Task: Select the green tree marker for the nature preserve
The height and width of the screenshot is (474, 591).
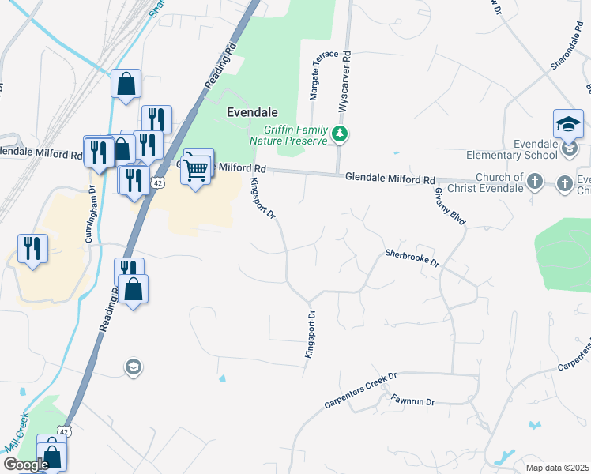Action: tap(340, 134)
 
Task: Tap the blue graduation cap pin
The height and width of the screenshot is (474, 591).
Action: tap(568, 124)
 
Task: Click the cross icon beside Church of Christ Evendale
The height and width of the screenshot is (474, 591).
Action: tap(534, 182)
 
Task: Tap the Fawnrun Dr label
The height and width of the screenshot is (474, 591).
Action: tap(413, 402)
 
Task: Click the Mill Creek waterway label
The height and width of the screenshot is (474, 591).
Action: tap(16, 432)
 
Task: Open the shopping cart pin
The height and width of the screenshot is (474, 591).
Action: tap(197, 167)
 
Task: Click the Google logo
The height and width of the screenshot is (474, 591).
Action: tap(26, 465)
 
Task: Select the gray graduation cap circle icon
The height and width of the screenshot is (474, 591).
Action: tap(133, 366)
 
